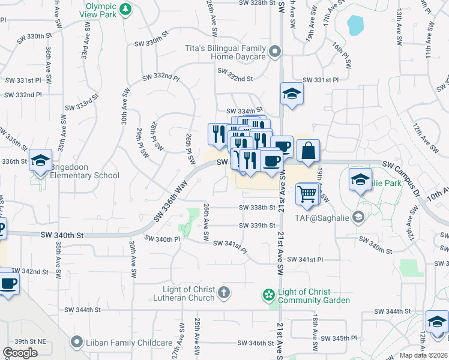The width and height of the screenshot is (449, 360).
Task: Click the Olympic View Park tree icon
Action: pyautogui.click(x=125, y=9)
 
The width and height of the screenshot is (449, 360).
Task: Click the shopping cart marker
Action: pyautogui.click(x=307, y=193)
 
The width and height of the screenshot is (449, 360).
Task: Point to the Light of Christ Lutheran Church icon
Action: pyautogui.click(x=223, y=293)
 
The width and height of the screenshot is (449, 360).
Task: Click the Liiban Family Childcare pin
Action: pyautogui.click(x=76, y=343)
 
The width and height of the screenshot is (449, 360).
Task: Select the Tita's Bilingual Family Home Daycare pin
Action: pyautogui.click(x=275, y=52)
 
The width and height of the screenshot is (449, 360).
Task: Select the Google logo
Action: pyautogui.click(x=20, y=353)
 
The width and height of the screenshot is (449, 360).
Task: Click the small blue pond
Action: pyautogui.click(x=355, y=25)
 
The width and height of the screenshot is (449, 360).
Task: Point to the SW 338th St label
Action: pyautogui.click(x=256, y=208)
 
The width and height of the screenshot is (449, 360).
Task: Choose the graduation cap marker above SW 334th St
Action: pyautogui.click(x=292, y=94)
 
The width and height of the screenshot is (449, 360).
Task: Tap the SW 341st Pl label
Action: pyautogui.click(x=304, y=259)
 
